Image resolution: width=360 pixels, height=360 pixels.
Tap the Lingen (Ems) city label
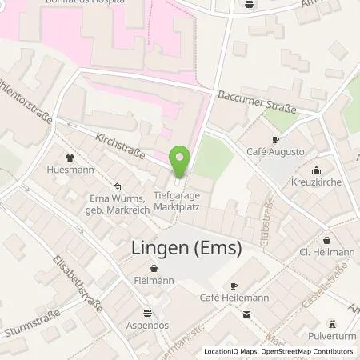186,249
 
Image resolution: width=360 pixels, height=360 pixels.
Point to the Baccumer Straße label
257,102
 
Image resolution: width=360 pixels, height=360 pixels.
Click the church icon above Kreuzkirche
318,169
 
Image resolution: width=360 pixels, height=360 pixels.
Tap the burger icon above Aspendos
147,314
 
